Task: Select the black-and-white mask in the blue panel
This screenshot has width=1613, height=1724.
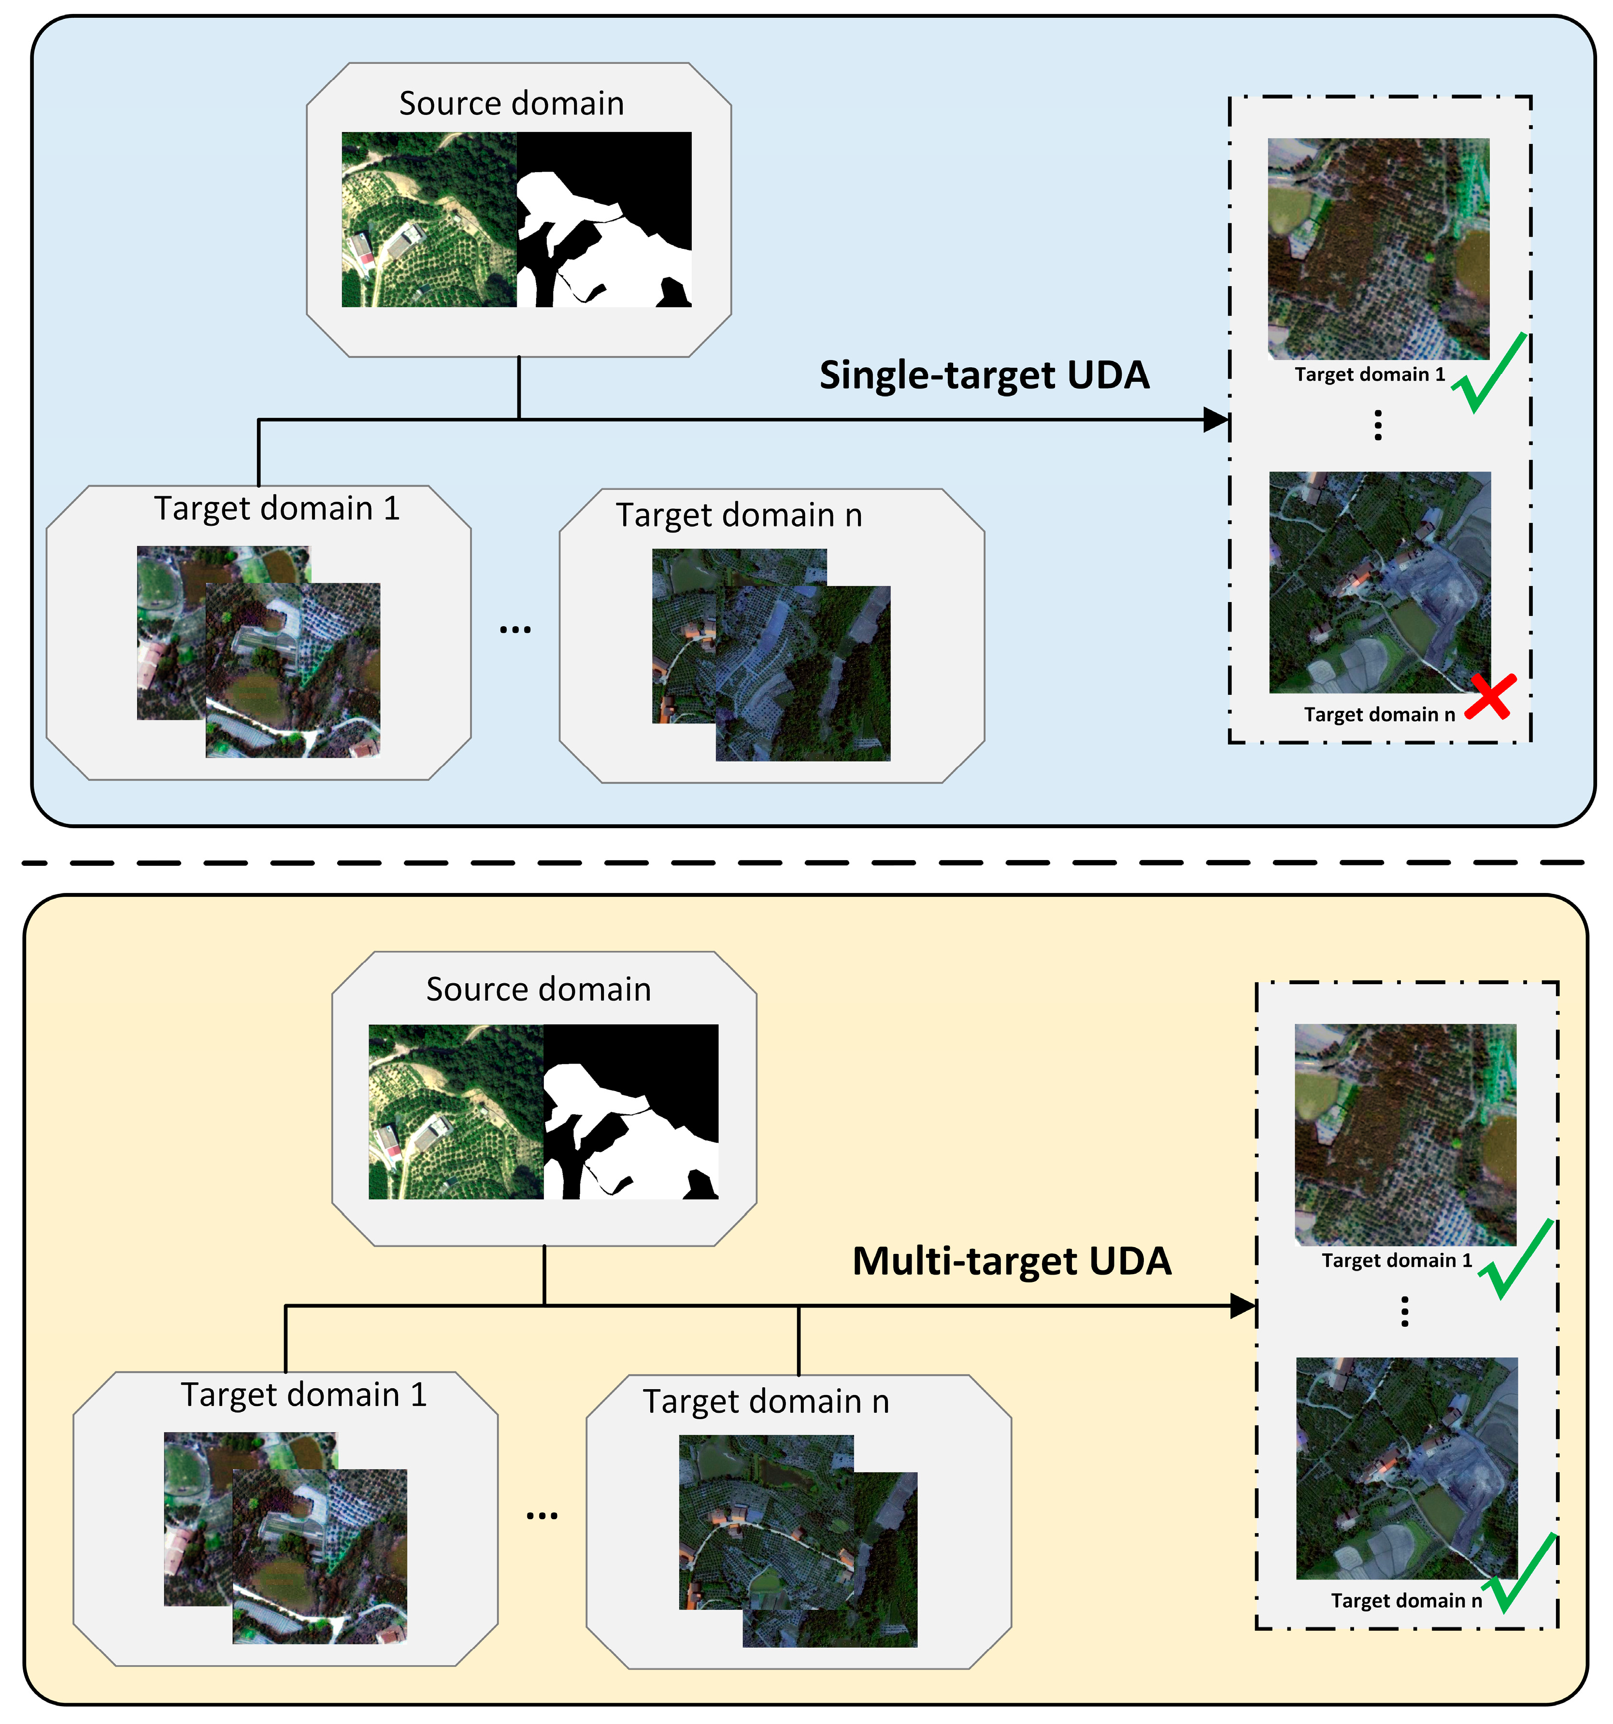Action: (604, 219)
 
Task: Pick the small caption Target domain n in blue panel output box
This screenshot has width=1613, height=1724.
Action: (1379, 715)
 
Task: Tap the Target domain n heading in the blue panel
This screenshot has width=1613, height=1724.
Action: (739, 515)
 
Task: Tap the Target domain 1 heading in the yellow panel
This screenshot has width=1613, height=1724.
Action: (303, 1395)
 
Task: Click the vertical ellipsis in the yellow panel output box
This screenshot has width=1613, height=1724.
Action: (1405, 1311)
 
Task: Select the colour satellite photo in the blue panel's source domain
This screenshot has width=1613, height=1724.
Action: (428, 219)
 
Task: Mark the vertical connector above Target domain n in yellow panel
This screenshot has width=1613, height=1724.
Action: (799, 1340)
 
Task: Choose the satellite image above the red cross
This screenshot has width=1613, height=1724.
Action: (1380, 582)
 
